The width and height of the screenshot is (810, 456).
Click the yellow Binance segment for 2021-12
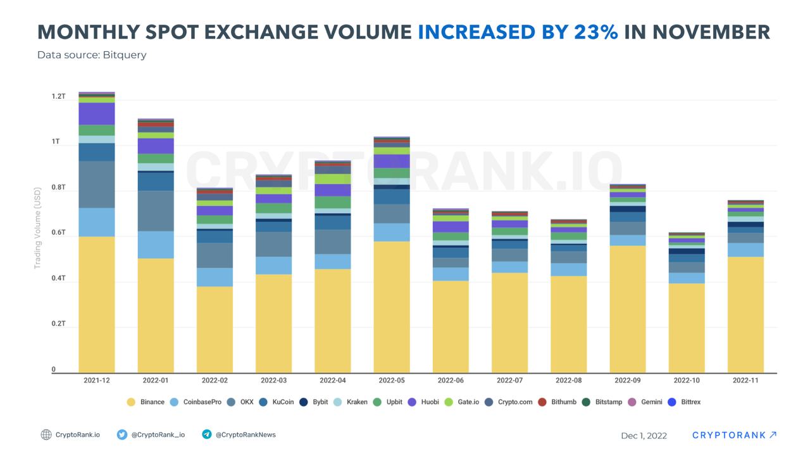[96, 304]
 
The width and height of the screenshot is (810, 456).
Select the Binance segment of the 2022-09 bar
[627, 308]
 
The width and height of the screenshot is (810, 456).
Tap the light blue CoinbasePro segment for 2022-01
[156, 244]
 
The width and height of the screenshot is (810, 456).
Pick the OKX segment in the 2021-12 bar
[96, 184]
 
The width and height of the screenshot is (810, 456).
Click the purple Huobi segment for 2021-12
[96, 113]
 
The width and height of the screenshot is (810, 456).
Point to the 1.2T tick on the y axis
[58, 96]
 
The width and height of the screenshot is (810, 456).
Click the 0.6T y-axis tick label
[58, 232]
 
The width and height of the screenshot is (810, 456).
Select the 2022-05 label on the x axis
[391, 381]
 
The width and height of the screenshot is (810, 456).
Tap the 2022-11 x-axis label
[745, 381]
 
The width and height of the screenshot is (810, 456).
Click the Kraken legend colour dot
[337, 402]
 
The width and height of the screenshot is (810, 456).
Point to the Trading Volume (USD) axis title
[37, 227]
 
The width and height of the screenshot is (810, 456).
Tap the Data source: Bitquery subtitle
[92, 55]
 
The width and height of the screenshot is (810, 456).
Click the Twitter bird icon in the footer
[122, 434]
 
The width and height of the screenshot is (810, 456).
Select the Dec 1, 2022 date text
[644, 436]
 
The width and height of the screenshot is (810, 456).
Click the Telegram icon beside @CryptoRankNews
[206, 434]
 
